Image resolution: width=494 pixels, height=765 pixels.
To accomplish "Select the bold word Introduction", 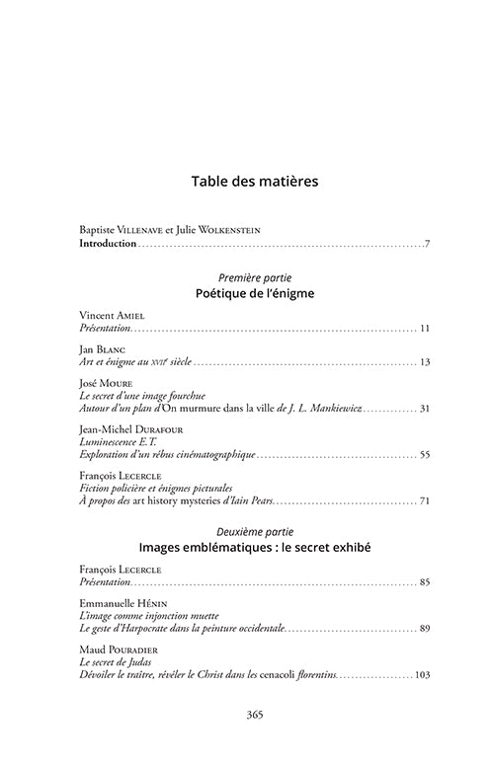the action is pyautogui.click(x=108, y=243).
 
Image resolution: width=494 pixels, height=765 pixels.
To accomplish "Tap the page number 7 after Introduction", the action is pyautogui.click(x=427, y=243).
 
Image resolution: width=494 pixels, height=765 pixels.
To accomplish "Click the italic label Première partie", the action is pyautogui.click(x=247, y=277).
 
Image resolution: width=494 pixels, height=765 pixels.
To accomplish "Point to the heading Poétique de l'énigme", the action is pyautogui.click(x=247, y=294).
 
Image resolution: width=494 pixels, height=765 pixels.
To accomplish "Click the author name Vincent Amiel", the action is pyautogui.click(x=110, y=314).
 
